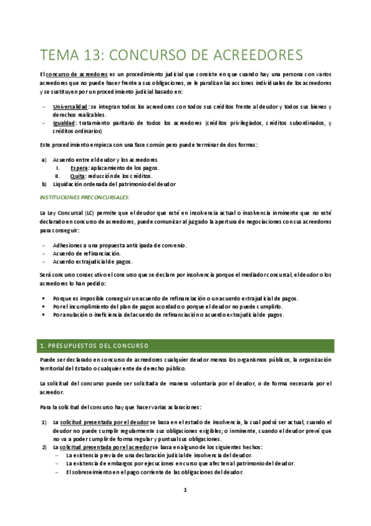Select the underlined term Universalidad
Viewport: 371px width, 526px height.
(x=70, y=107)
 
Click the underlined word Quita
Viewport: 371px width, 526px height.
(x=77, y=176)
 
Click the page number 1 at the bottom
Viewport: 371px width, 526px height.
(x=185, y=490)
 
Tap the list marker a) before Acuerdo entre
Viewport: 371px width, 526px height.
(x=43, y=160)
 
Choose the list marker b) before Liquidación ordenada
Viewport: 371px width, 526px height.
(x=43, y=184)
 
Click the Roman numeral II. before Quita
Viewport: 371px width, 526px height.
(x=57, y=176)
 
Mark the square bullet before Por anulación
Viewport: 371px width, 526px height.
(x=43, y=314)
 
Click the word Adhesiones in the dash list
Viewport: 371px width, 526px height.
(x=69, y=245)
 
